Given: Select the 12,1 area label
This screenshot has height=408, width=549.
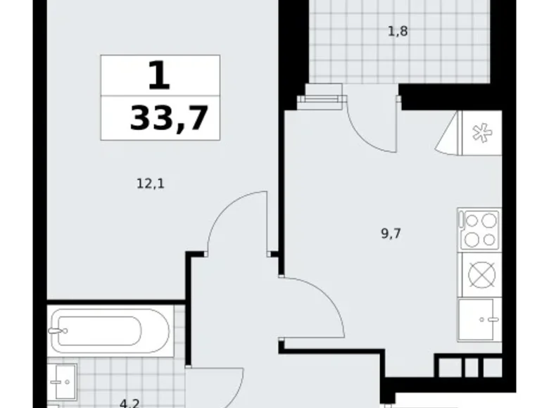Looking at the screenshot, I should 150,184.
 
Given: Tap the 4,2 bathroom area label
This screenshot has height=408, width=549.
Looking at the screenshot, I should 128,404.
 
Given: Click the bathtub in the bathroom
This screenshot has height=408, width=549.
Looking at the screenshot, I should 109,331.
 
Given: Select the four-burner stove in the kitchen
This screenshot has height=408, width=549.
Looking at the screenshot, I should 479,230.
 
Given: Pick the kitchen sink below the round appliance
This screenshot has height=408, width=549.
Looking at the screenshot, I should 480,319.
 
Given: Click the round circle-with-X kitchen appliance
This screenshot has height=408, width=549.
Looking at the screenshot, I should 480,275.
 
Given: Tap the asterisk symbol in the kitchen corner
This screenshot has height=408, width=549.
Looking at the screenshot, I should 480,132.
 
